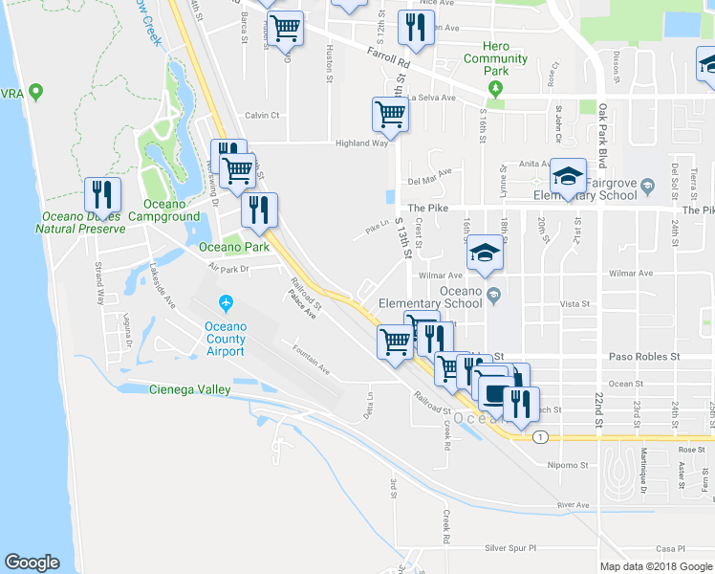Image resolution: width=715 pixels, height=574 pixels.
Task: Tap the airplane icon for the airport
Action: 226,304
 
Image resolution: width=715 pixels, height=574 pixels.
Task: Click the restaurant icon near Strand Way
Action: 102,195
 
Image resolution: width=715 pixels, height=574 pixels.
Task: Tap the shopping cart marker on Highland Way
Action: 390,115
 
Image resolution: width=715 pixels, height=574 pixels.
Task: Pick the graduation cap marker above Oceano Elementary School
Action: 485,255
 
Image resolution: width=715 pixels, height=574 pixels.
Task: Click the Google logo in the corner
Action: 32,563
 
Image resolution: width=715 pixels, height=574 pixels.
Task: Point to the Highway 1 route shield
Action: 541,437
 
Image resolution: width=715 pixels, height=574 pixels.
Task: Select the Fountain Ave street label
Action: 311,360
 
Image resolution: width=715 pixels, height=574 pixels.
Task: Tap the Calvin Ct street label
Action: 260,116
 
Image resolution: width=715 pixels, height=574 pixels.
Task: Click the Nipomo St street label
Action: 559,467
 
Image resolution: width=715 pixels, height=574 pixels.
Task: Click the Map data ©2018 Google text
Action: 656,566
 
